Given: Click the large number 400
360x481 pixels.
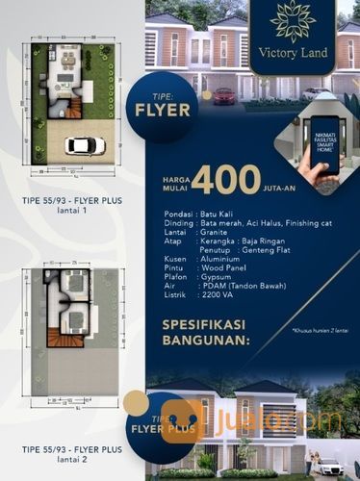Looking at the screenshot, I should tap(225, 180).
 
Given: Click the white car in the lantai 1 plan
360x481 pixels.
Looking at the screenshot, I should tap(85, 145).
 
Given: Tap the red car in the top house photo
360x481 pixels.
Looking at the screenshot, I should tap(224, 95).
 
